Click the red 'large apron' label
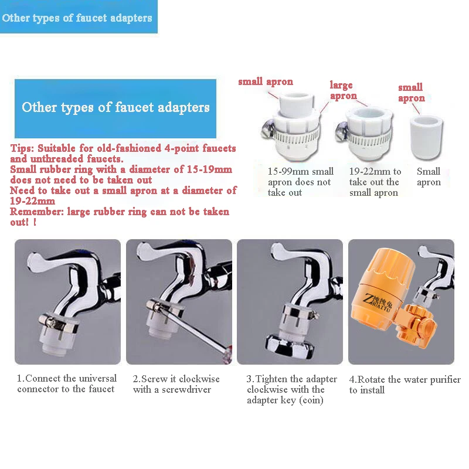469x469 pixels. pos(343,90)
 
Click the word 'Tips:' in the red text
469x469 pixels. pos(22,148)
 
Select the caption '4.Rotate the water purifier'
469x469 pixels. pos(405,379)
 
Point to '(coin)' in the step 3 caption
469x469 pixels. pos(311,400)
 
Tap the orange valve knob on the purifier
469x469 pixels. pos(426,326)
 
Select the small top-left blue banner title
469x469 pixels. pos(77,18)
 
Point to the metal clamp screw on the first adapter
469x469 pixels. pos(267,128)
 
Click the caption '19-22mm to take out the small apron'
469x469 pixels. pos(375,182)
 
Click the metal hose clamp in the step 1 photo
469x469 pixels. pos(58,323)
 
